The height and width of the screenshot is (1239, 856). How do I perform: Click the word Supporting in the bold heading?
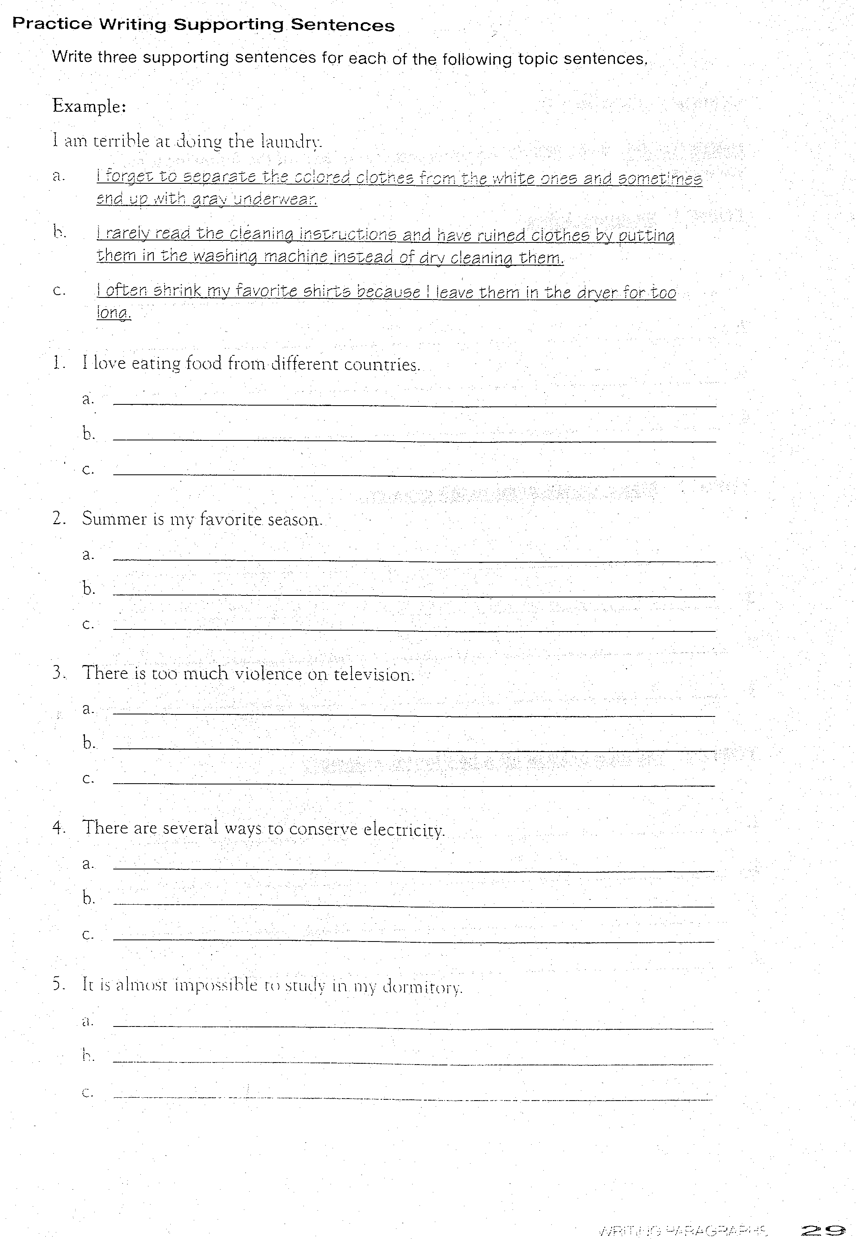click(x=229, y=25)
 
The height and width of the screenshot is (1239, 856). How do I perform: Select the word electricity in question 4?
click(x=405, y=830)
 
